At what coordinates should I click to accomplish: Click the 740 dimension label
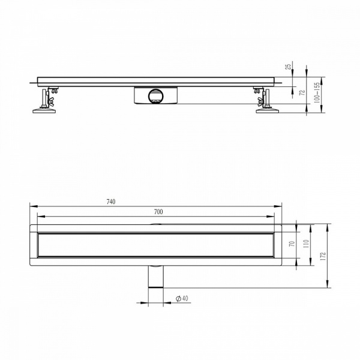click(x=111, y=202)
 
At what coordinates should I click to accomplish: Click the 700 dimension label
click(x=158, y=212)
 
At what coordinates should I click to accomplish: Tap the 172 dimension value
click(x=323, y=256)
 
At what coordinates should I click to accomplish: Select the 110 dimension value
click(x=306, y=244)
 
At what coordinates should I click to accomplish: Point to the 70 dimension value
click(x=292, y=244)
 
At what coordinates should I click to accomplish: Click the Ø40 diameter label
click(x=182, y=298)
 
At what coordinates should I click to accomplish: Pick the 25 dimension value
click(x=288, y=67)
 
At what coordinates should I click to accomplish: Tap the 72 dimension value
click(x=303, y=92)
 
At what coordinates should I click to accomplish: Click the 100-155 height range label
click(x=317, y=92)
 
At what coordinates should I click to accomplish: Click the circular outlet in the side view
click(x=156, y=95)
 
